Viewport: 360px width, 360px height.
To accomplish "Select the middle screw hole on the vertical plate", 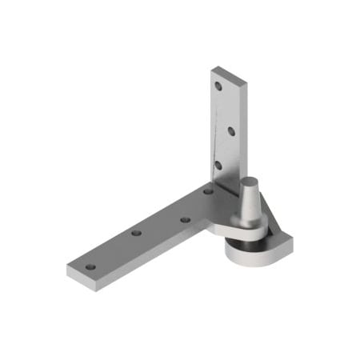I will tap(230, 129).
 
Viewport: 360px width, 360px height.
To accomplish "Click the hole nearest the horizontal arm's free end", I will tap(90, 266).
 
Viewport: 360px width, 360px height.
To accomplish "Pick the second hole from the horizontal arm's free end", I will tap(137, 233).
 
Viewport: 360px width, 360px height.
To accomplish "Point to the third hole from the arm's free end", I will tap(184, 218).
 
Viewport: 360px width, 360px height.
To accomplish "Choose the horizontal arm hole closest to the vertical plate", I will tap(207, 191).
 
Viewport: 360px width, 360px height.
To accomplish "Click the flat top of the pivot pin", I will tap(250, 180).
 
